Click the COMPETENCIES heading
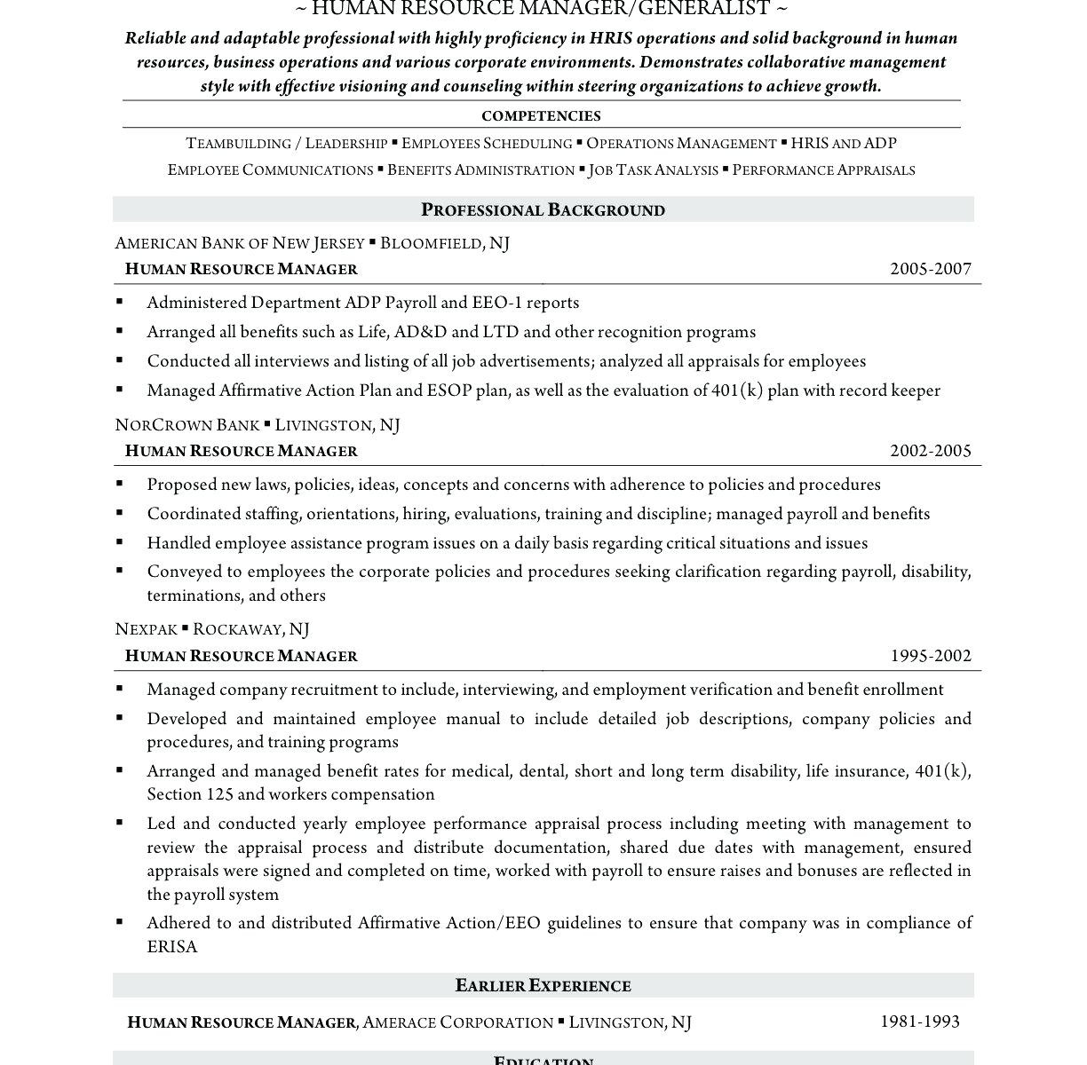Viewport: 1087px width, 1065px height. coord(541,115)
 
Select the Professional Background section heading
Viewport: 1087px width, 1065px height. coord(543,210)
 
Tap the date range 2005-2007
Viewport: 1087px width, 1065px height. coord(930,269)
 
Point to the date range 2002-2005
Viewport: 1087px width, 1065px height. coord(930,451)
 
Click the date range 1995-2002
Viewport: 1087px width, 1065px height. coord(930,656)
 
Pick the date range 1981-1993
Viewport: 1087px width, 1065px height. coord(919,1022)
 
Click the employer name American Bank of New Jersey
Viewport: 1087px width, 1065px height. coord(240,243)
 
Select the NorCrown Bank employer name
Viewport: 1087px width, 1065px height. coord(187,425)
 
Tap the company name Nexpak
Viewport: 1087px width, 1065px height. coord(146,629)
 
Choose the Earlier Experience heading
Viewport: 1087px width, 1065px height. coord(543,985)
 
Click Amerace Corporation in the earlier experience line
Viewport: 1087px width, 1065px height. coord(458,1022)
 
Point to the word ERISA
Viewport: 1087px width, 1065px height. coord(171,947)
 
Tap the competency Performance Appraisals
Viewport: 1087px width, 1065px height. coord(823,170)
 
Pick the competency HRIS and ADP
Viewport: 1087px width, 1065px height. coord(844,144)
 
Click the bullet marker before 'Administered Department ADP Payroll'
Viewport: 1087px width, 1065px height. coord(120,303)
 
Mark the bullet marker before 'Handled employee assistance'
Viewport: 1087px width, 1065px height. coord(120,543)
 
